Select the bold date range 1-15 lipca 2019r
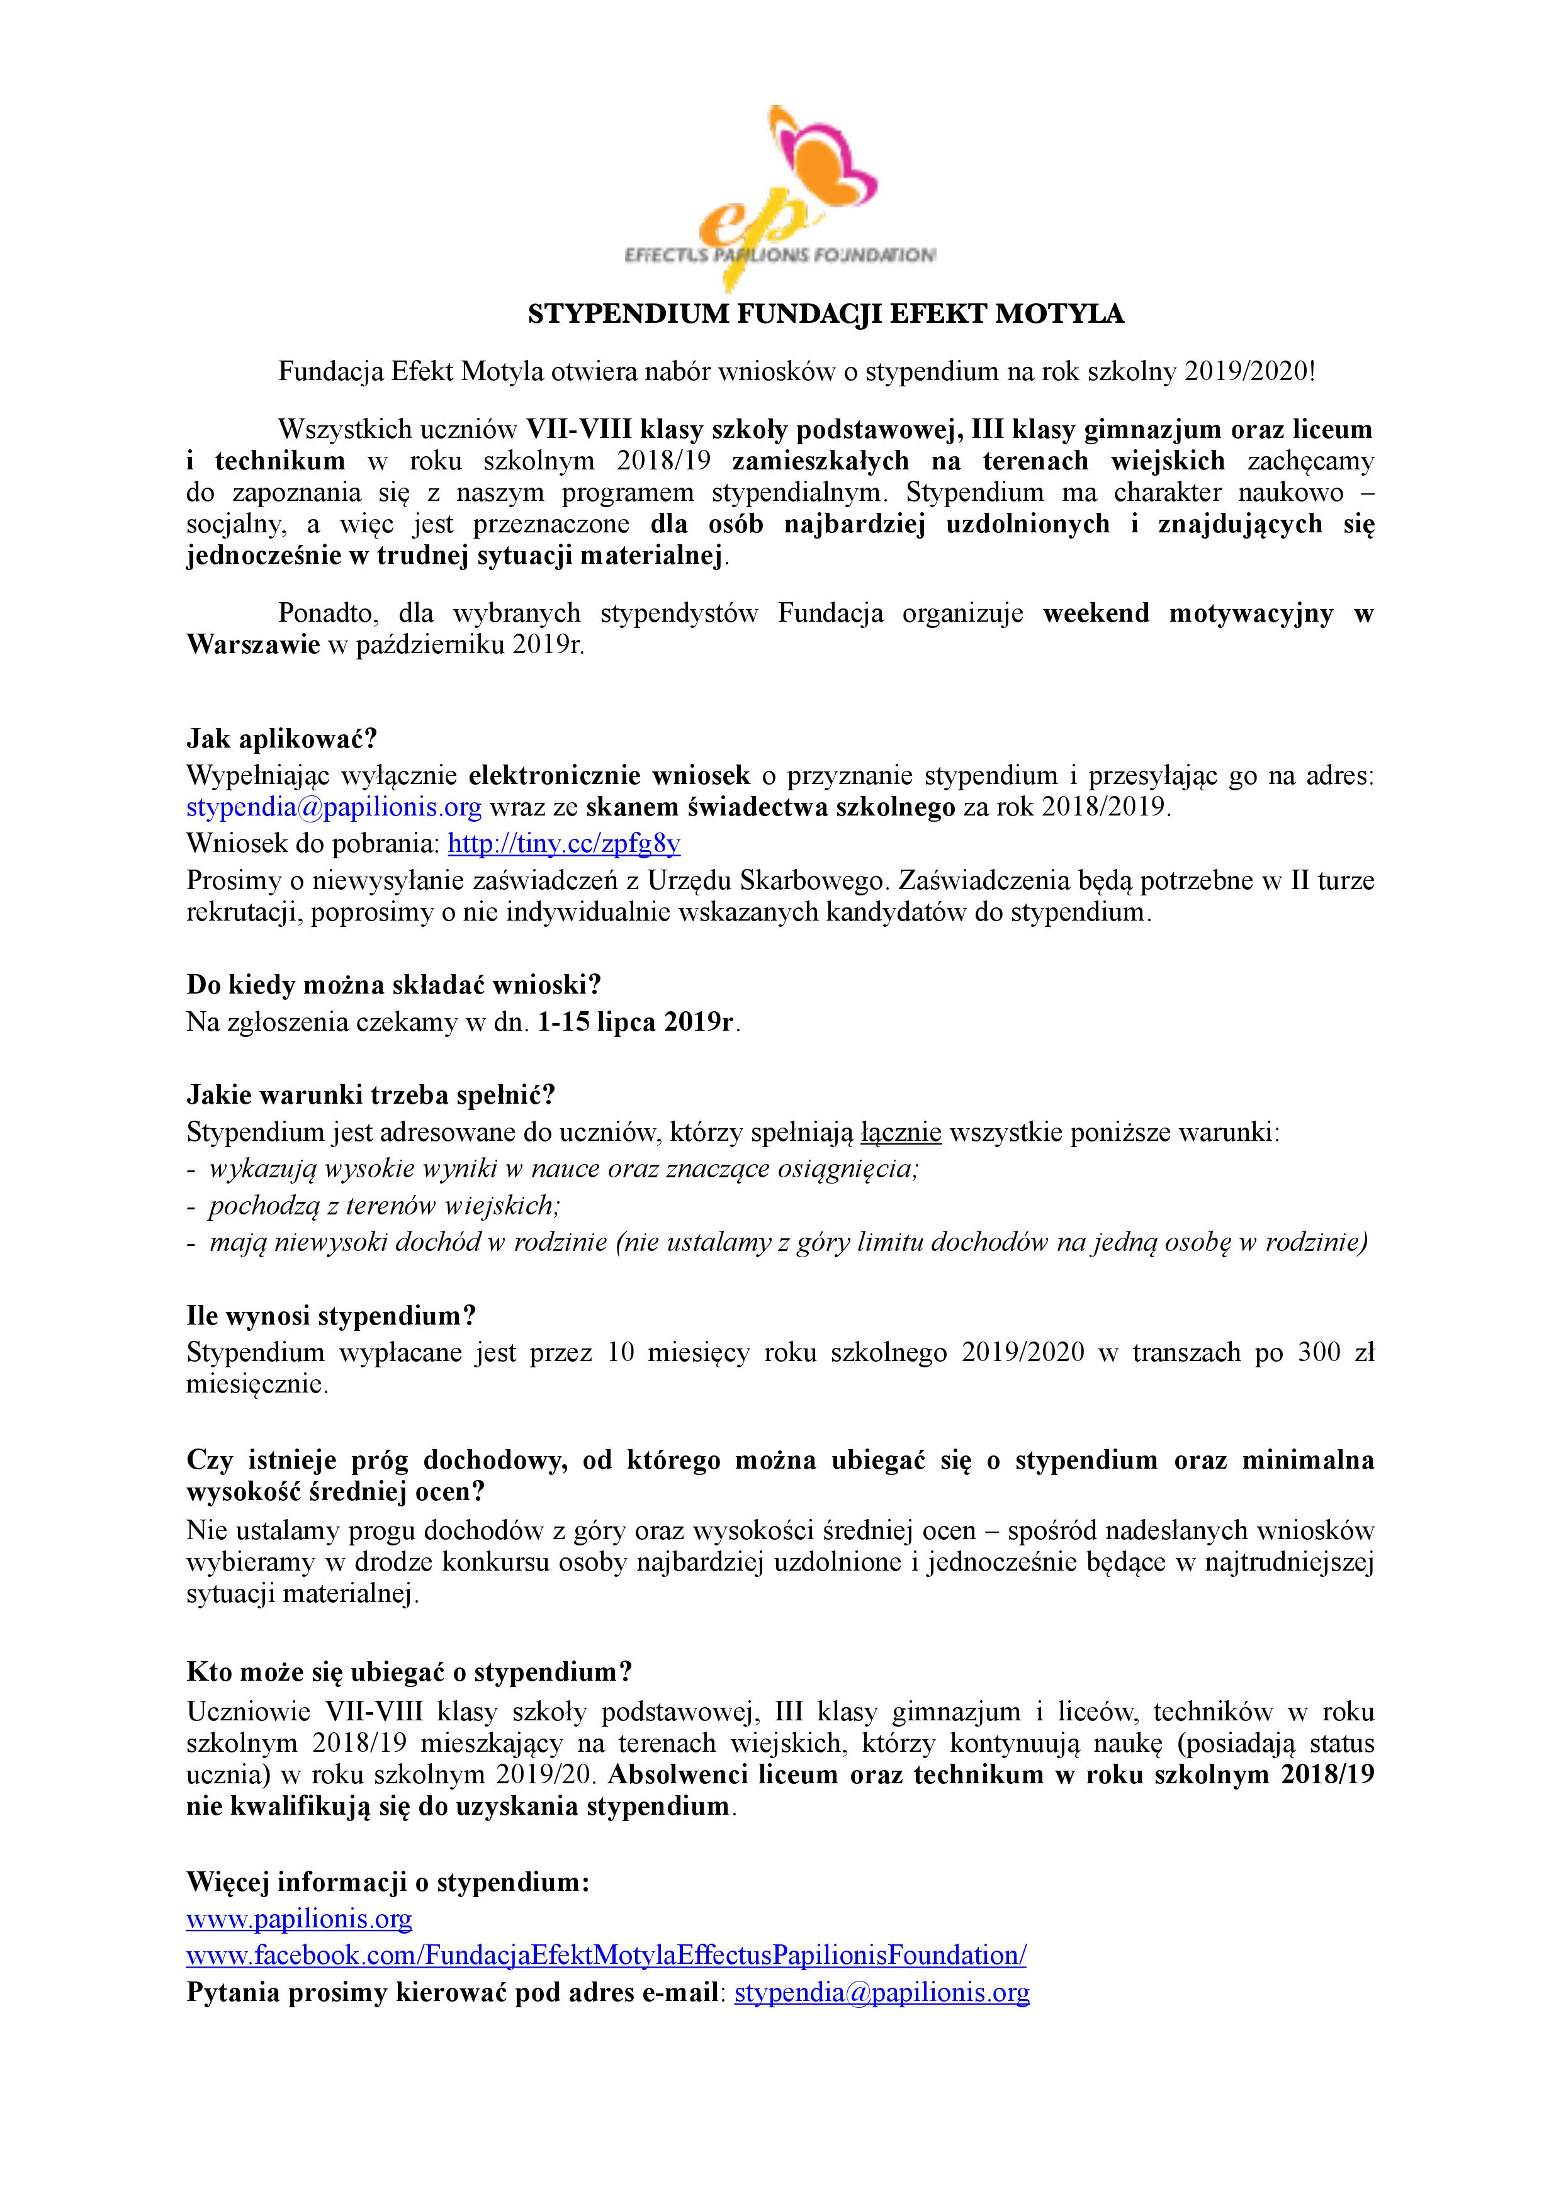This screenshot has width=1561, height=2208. click(x=637, y=1021)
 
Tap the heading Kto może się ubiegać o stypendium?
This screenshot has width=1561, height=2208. click(x=409, y=1671)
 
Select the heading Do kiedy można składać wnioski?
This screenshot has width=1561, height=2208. click(x=393, y=985)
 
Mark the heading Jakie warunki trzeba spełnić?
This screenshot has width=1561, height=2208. click(x=371, y=1096)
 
